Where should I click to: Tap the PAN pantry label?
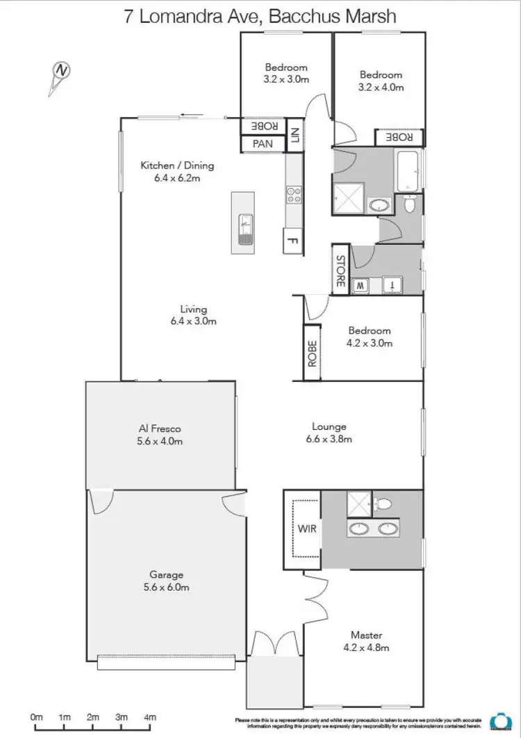pyautogui.click(x=263, y=144)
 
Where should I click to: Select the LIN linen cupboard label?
pyautogui.click(x=294, y=135)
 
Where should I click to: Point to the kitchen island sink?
pyautogui.click(x=245, y=229)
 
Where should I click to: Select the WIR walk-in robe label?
pyautogui.click(x=307, y=529)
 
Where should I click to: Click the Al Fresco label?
pyautogui.click(x=160, y=428)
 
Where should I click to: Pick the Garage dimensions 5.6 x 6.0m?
pyautogui.click(x=167, y=587)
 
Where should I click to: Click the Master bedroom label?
pyautogui.click(x=366, y=635)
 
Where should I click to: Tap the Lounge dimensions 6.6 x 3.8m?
pyautogui.click(x=329, y=439)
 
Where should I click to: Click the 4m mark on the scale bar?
pyautogui.click(x=150, y=717)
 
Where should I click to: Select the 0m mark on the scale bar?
pyautogui.click(x=36, y=717)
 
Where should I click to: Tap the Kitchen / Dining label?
pyautogui.click(x=177, y=166)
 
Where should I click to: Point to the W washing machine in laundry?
pyautogui.click(x=361, y=285)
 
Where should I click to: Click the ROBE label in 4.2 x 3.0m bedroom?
pyautogui.click(x=312, y=353)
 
